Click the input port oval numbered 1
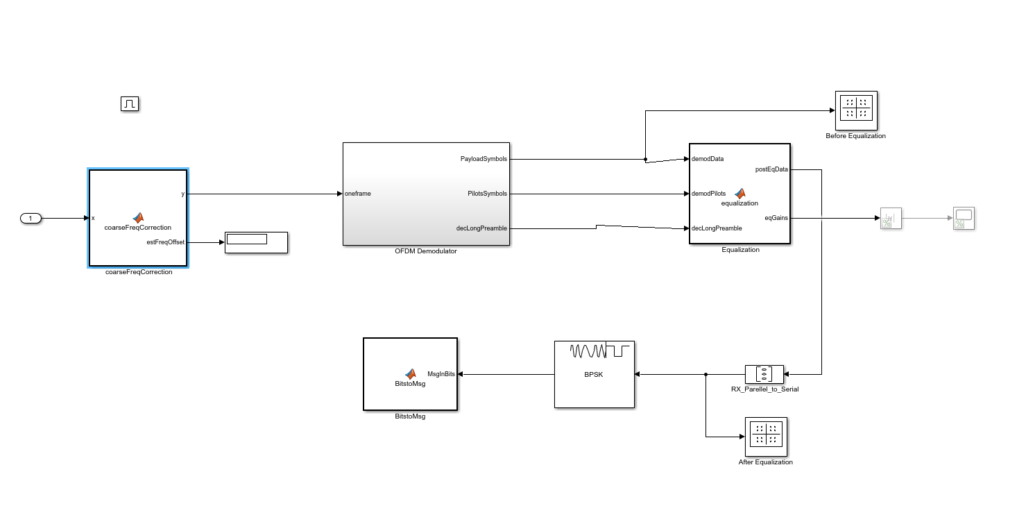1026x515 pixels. pyautogui.click(x=31, y=219)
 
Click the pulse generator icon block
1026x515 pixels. pyautogui.click(x=130, y=104)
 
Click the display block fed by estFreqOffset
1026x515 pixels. pyautogui.click(x=256, y=242)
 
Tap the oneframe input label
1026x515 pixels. pyautogui.click(x=357, y=194)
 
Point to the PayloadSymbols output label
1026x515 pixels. pyautogui.click(x=484, y=159)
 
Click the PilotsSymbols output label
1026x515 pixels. pyautogui.click(x=487, y=194)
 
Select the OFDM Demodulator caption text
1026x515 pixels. pyautogui.click(x=426, y=251)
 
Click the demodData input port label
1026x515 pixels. pyautogui.click(x=708, y=159)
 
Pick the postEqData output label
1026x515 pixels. pyautogui.click(x=771, y=169)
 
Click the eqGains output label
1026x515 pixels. pyautogui.click(x=776, y=218)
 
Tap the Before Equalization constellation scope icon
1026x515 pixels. pyautogui.click(x=856, y=110)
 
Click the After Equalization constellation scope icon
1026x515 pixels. pyautogui.click(x=766, y=436)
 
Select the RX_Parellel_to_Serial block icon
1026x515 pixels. pyautogui.click(x=764, y=374)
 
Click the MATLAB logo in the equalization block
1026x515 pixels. pyautogui.click(x=740, y=194)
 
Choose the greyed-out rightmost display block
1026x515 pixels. pyautogui.click(x=964, y=219)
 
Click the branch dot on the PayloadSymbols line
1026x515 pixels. pyautogui.click(x=646, y=160)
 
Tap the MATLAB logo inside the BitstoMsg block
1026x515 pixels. pyautogui.click(x=410, y=373)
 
